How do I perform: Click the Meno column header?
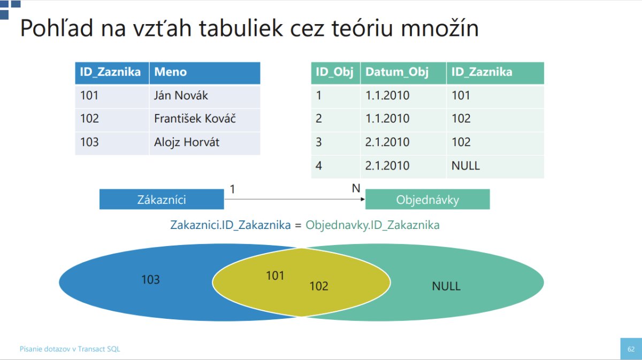204,73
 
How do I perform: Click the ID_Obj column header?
335,73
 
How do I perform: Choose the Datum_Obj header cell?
403,73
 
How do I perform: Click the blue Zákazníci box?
162,199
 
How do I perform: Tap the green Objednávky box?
427,199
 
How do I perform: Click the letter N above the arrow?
356,188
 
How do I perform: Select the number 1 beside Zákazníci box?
232,189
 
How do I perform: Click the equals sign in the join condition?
298,226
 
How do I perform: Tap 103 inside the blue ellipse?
150,279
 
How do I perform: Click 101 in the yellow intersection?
275,275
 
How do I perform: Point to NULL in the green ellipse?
446,286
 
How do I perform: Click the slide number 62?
631,349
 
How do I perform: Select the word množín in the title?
440,28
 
